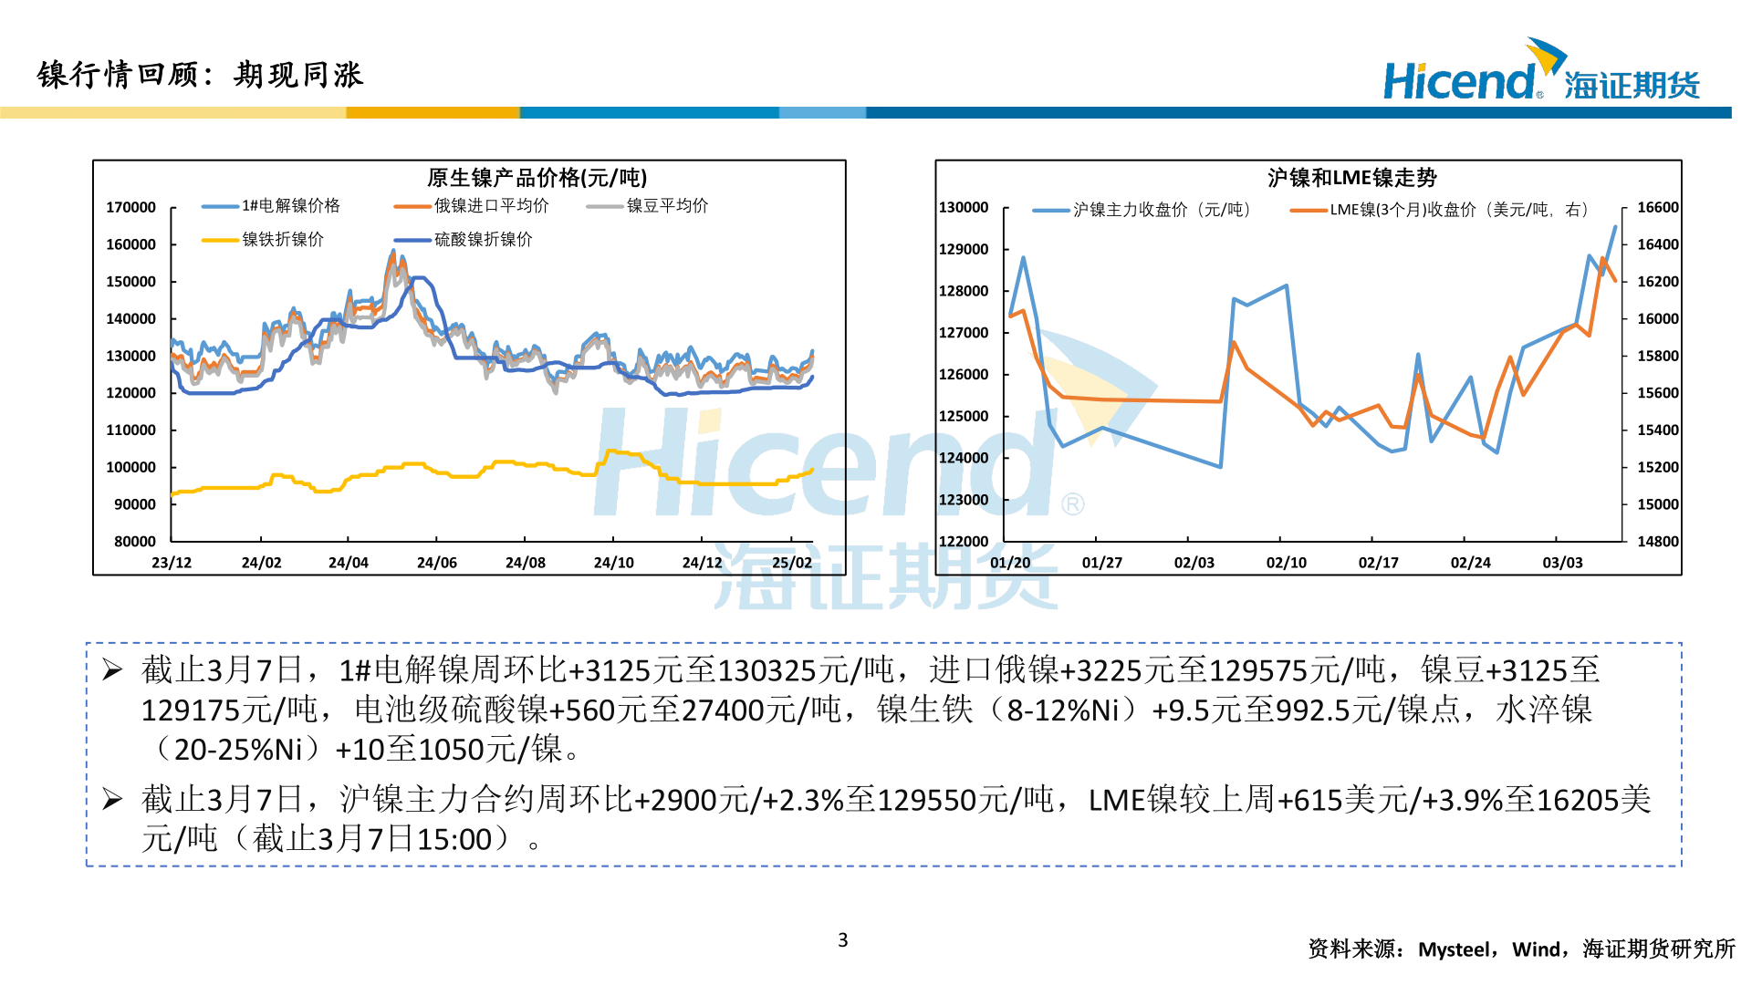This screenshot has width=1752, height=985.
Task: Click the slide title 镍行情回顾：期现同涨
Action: coord(201,75)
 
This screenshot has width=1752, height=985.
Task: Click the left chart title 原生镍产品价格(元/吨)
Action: coord(537,178)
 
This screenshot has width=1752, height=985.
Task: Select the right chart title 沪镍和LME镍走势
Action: coord(1351,178)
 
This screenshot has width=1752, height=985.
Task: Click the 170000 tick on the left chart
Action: coord(131,208)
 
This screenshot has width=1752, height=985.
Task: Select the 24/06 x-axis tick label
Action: coord(437,563)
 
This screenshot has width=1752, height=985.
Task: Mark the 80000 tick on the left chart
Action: coord(135,542)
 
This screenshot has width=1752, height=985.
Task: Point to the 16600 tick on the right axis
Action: coord(1657,208)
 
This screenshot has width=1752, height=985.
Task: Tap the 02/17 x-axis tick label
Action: coord(1378,563)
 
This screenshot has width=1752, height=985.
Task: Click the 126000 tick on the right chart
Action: coord(964,375)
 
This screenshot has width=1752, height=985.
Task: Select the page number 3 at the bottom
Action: coord(842,940)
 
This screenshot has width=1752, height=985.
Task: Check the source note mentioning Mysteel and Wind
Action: coord(1521,949)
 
